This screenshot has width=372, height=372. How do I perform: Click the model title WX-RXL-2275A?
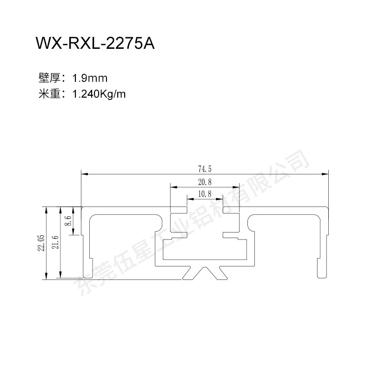point(95,43)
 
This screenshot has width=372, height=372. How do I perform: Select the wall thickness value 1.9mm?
point(90,78)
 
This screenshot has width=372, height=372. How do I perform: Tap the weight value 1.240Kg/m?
point(99,94)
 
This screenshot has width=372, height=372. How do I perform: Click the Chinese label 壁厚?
point(50,78)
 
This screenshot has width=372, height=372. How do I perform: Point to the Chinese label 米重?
point(50,94)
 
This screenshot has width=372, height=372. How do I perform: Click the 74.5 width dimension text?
point(205,169)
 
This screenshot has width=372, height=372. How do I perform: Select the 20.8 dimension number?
point(205,182)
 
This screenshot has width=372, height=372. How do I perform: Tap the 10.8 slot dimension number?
point(205,194)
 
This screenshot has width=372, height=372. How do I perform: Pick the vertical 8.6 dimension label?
point(68,220)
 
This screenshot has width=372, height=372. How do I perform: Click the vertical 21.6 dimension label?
point(55,242)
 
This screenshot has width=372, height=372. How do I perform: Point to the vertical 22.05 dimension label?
point(41,243)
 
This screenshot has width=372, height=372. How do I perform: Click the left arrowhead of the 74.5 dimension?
point(85,174)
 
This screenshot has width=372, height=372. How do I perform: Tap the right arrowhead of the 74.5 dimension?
point(325,174)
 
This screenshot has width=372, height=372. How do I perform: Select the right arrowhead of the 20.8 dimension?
point(236,187)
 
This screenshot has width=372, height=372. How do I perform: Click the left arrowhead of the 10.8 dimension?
point(190,199)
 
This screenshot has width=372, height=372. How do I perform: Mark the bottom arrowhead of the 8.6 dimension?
point(73,232)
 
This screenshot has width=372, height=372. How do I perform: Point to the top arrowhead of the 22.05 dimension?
point(46,210)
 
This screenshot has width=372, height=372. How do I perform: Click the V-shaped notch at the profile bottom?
point(205,273)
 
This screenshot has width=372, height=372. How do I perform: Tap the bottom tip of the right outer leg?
point(321,278)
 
